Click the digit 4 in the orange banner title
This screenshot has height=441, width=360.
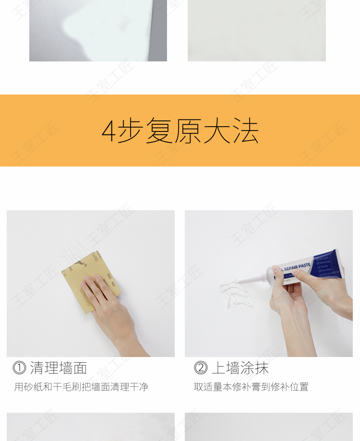[x=109, y=131]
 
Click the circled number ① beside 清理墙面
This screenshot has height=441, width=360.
[x=19, y=368]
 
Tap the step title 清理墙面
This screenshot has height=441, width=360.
[x=59, y=368]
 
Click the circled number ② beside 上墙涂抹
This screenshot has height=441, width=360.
[x=201, y=368]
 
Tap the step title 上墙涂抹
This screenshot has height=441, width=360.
[x=240, y=368]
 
